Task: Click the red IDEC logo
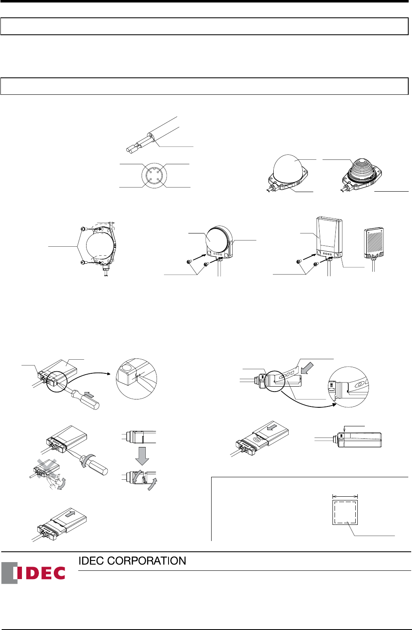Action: click(33, 573)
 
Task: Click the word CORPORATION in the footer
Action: click(147, 561)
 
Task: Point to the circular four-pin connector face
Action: click(154, 176)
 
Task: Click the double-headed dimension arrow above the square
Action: click(345, 496)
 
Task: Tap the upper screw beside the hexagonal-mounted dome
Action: click(83, 228)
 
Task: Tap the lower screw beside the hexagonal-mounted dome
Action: click(83, 262)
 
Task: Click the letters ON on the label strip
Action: click(286, 375)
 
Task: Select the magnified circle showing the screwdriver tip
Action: click(137, 379)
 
